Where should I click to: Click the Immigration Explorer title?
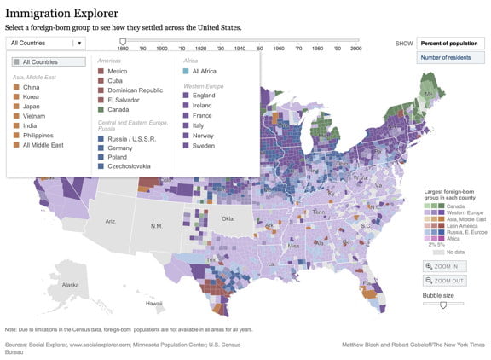61,13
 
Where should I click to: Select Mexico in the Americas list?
118,71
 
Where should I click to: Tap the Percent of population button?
450,43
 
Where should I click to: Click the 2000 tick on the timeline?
355,49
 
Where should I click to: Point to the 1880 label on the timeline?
123,49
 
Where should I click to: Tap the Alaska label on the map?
71,285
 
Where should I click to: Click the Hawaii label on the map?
154,303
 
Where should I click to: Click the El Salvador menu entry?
124,100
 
